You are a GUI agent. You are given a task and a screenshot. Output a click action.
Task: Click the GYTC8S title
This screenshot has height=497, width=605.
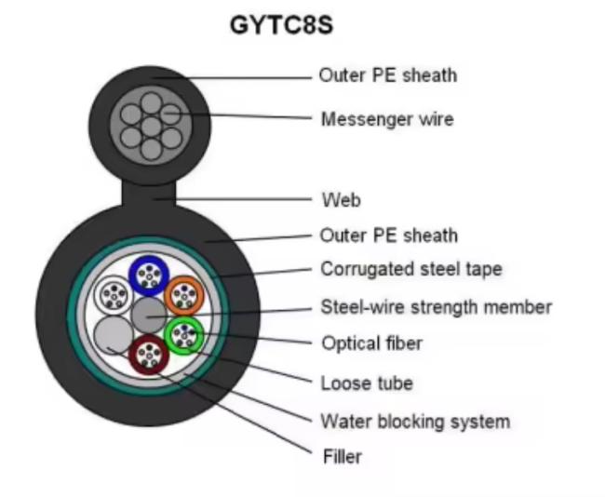tap(281, 25)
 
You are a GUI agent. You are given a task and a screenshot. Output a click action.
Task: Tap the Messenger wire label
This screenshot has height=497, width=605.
tap(387, 119)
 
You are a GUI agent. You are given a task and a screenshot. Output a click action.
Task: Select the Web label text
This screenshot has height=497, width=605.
tap(342, 200)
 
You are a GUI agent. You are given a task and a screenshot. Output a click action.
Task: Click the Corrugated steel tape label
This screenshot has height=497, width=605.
tap(411, 269)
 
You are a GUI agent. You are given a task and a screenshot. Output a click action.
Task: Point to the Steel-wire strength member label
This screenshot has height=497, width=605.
tap(437, 307)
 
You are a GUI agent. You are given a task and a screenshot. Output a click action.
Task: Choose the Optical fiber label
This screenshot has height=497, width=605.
tap(372, 343)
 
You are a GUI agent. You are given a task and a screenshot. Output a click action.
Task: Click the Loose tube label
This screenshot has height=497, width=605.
tap(367, 383)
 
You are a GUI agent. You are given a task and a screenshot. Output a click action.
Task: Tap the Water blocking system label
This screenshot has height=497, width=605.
tap(415, 422)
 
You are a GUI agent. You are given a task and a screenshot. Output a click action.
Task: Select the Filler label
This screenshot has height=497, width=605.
tap(343, 457)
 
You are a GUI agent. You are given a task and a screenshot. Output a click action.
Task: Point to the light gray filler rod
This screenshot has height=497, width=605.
tap(114, 335)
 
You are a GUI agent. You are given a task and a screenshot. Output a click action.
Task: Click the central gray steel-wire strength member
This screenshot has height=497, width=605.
tap(149, 316)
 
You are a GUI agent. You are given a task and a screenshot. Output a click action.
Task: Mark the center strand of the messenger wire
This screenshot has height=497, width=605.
tap(151, 127)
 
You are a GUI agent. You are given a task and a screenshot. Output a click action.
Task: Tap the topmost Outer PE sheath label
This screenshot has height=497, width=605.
tap(388, 75)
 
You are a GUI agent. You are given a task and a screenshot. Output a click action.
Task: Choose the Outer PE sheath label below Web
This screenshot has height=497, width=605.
tap(389, 235)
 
